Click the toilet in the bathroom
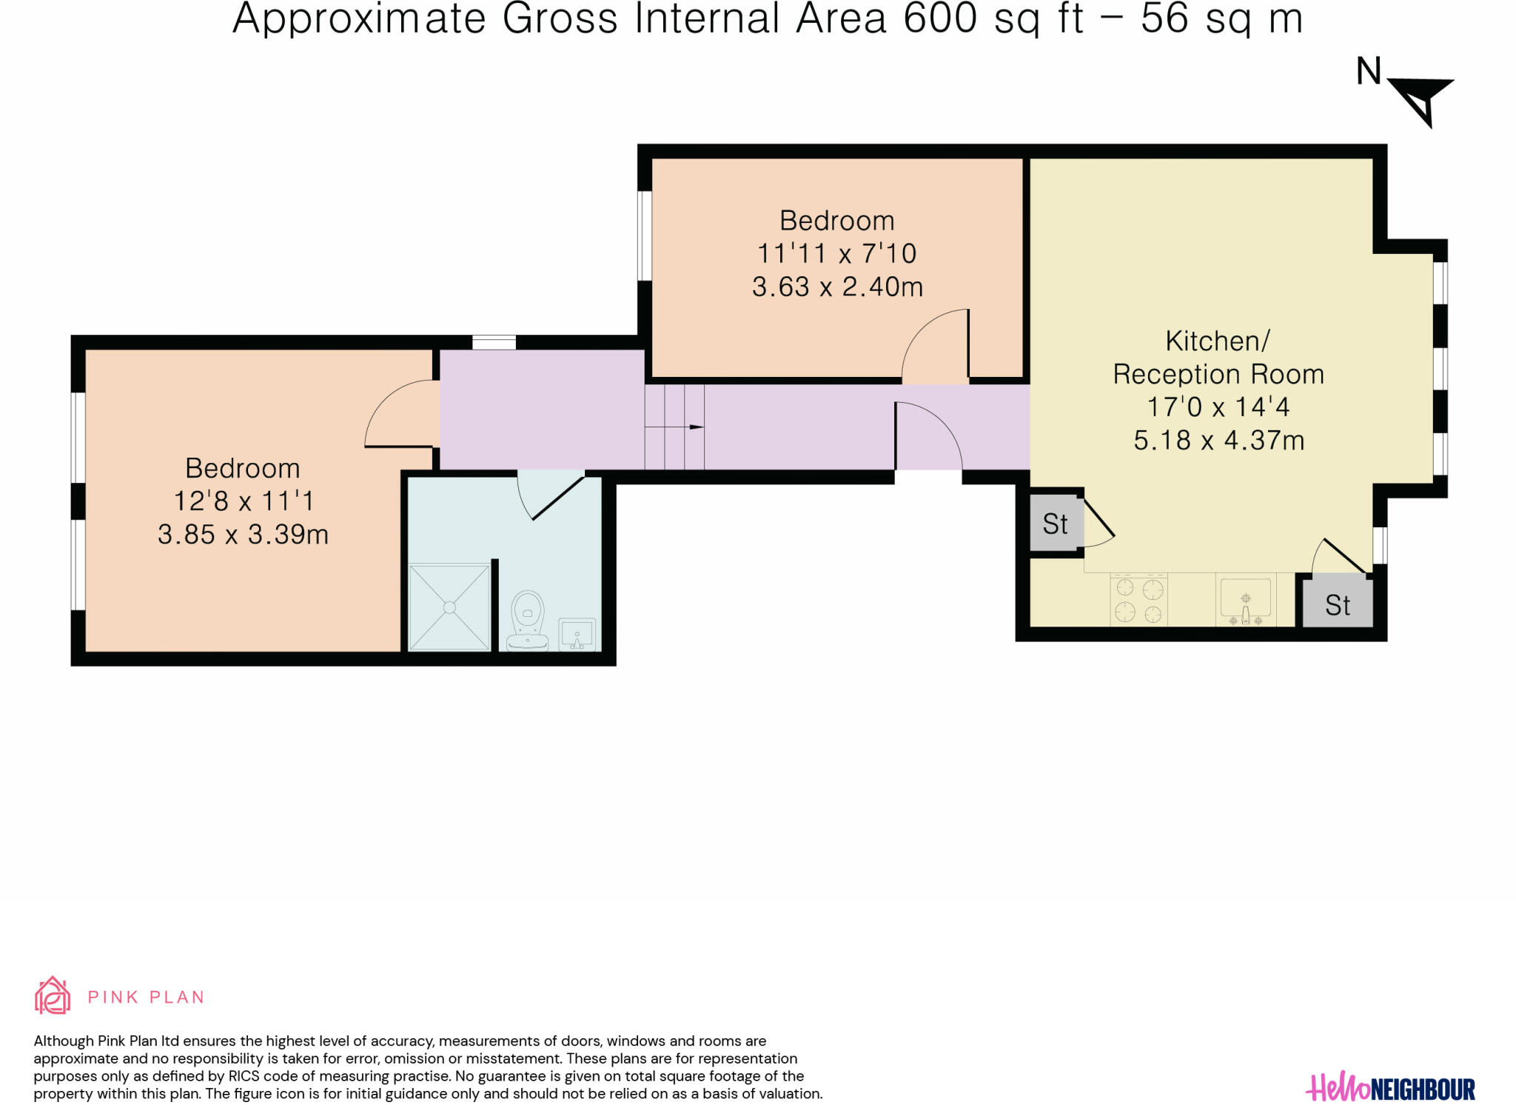click(x=527, y=620)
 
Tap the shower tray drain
click(x=449, y=607)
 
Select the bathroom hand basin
click(x=577, y=635)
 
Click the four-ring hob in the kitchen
click(x=1138, y=601)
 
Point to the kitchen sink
click(x=1246, y=601)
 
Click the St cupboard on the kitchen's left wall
click(x=1055, y=523)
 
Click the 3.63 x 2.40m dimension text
click(x=837, y=287)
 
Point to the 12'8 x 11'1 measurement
click(x=244, y=501)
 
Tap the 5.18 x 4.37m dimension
click(x=1218, y=441)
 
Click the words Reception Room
click(x=1218, y=374)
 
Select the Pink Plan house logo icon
click(x=53, y=995)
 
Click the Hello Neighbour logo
click(x=1390, y=1089)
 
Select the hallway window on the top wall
click(x=494, y=342)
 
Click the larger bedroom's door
click(x=400, y=415)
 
